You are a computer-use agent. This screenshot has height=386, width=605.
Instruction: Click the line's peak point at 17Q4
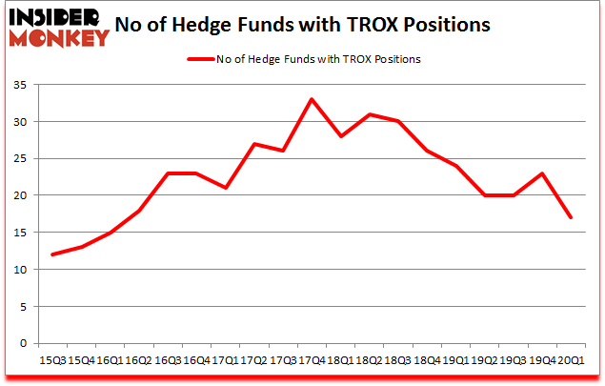(311, 99)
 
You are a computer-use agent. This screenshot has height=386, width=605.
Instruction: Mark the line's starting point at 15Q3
(52, 254)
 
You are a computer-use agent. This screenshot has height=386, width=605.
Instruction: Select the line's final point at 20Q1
(570, 217)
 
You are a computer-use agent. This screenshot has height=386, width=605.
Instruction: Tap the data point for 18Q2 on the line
(369, 114)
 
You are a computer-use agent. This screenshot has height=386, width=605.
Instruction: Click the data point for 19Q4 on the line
(541, 173)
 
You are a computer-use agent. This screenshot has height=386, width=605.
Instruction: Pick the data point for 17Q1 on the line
(225, 188)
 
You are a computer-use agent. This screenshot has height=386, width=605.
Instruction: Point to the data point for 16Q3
(167, 173)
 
